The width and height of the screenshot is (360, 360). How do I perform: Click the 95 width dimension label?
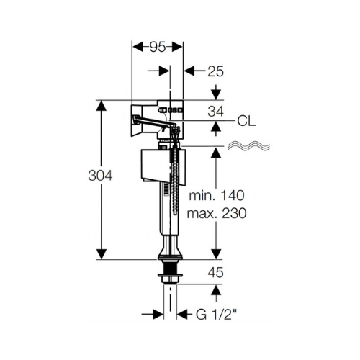pyautogui.click(x=158, y=47)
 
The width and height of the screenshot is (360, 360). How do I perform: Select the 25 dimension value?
pyautogui.click(x=215, y=71)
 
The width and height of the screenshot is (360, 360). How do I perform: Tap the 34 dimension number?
pyautogui.click(x=215, y=112)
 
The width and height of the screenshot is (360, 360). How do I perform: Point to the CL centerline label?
pyautogui.click(x=246, y=122)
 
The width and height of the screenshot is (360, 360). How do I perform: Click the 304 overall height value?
pyautogui.click(x=100, y=176)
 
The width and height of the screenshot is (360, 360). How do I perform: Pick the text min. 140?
pyautogui.click(x=217, y=196)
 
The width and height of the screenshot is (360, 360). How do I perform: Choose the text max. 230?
pyautogui.click(x=217, y=213)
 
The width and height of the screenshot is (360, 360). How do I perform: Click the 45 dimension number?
pyautogui.click(x=215, y=273)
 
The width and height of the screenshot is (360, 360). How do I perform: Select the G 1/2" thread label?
pyautogui.click(x=217, y=315)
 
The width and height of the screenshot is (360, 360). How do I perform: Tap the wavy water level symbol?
pyautogui.click(x=248, y=146)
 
